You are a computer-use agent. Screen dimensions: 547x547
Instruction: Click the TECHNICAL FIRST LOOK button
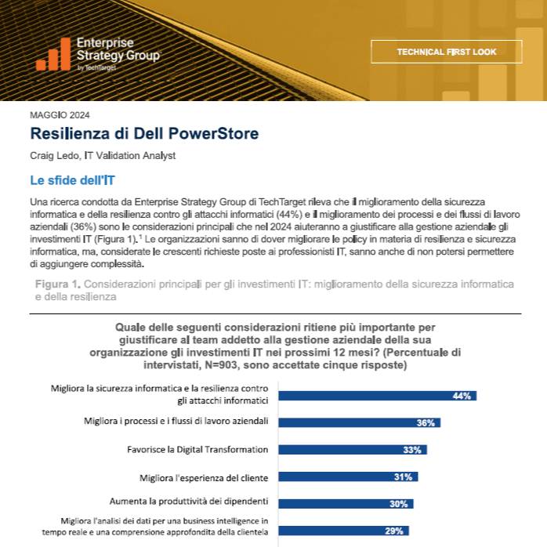click(446, 52)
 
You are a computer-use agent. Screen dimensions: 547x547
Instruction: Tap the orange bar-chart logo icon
click(53, 54)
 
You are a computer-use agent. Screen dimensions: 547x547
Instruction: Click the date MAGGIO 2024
click(60, 115)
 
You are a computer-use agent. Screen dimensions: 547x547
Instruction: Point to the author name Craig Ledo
click(54, 156)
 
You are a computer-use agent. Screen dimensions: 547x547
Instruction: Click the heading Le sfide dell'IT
click(72, 180)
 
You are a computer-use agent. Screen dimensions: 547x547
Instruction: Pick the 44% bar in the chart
click(378, 396)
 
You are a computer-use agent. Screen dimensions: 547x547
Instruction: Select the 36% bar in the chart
click(360, 422)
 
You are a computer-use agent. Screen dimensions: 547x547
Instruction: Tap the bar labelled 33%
click(353, 450)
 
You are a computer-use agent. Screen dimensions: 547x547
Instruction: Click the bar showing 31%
click(348, 476)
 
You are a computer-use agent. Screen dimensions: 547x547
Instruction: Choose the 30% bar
click(346, 504)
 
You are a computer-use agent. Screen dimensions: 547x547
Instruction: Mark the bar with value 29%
click(343, 531)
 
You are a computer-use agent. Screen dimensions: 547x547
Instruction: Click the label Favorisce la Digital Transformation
click(197, 449)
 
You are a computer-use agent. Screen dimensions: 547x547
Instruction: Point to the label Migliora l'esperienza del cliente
click(204, 477)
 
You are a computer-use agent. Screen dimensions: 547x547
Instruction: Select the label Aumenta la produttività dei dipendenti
click(189, 502)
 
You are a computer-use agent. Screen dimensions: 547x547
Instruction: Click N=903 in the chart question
click(223, 365)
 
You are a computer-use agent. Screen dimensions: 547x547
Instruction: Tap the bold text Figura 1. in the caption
click(58, 284)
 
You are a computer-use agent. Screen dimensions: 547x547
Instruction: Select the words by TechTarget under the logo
click(96, 67)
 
